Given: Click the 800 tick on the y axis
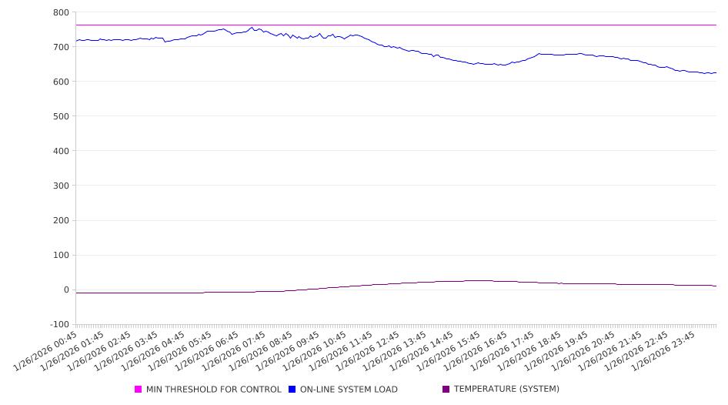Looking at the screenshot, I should tap(61, 12).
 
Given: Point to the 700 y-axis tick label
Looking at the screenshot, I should tap(61, 47).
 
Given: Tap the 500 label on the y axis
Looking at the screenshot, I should tap(61, 116).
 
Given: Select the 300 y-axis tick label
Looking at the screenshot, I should tap(61, 186).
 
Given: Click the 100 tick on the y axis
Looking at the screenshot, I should tap(61, 255).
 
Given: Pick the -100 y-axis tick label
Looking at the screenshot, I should tap(59, 324).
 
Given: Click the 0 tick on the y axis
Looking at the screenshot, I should tap(66, 290).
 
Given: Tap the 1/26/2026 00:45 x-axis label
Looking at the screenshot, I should tap(46, 350).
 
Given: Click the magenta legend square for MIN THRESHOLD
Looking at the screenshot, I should tap(139, 390).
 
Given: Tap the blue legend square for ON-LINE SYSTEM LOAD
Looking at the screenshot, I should tap(292, 390).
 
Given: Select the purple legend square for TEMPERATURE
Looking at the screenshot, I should tap(446, 390).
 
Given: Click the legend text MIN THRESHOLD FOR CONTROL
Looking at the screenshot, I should tap(213, 390).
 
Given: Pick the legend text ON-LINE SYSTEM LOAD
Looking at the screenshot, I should tap(349, 390).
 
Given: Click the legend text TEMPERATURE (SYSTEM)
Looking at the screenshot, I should tap(506, 390).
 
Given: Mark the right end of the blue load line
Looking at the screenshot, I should tap(716, 73).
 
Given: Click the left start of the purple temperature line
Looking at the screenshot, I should tap(76, 293).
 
